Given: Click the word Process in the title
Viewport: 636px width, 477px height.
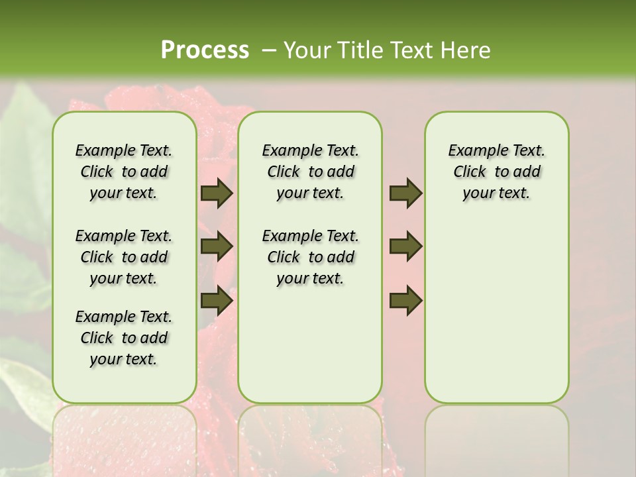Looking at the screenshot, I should tap(205, 50).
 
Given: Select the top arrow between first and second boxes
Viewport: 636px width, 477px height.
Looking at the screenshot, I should tap(217, 193).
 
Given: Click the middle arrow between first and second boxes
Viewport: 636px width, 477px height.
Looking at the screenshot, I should tap(217, 246).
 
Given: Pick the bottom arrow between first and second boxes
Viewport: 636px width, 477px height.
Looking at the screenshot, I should tap(217, 300).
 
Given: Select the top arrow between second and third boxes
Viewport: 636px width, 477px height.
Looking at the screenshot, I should tap(405, 193).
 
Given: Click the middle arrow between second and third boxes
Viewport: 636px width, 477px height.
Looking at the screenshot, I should tap(405, 246).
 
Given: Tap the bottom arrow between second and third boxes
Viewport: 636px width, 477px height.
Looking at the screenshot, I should tap(405, 300).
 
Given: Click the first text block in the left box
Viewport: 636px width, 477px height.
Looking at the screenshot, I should tap(124, 172).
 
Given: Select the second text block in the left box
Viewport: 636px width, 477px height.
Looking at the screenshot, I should tap(124, 257).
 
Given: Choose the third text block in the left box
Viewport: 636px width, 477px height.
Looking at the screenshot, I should tap(124, 338).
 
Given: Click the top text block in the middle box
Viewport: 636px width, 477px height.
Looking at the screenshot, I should tap(310, 172).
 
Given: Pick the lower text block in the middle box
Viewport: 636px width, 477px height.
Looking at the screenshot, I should tap(310, 257).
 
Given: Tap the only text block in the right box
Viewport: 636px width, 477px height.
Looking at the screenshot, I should tap(496, 172).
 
